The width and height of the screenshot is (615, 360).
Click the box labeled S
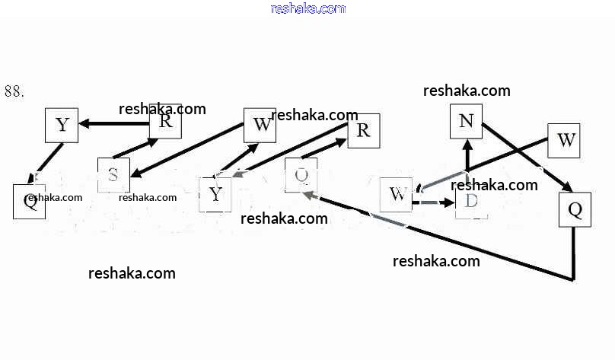click(113, 175)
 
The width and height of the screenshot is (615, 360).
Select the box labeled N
click(467, 121)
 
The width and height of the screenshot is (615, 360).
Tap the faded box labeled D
click(471, 202)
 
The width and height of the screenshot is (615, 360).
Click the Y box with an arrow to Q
click(62, 126)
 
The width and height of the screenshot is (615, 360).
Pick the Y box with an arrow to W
click(216, 194)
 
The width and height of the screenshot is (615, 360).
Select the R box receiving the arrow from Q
click(363, 130)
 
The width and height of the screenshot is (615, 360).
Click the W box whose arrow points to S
click(260, 126)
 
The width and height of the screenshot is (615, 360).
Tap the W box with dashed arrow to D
click(396, 195)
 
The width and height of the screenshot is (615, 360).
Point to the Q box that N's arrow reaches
click(575, 210)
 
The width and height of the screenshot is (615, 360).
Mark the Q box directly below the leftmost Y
click(30, 202)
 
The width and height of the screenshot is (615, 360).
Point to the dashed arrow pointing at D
click(434, 202)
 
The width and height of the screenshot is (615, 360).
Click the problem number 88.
click(14, 91)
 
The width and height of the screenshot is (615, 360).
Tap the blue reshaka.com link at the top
click(307, 8)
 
